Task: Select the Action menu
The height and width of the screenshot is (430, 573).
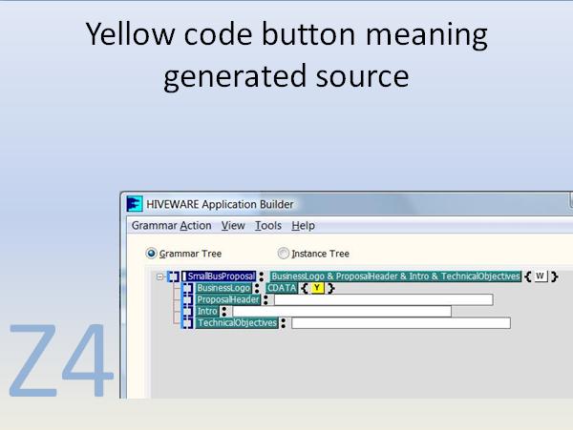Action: [x=196, y=226]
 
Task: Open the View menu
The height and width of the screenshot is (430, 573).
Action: [x=233, y=226]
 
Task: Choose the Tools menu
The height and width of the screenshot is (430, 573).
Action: [x=268, y=226]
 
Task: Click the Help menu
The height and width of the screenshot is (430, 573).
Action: [x=303, y=226]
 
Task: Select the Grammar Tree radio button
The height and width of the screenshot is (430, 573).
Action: [x=151, y=254]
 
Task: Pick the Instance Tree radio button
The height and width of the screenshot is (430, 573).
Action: [x=283, y=254]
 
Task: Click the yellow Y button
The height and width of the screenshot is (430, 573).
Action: [x=317, y=288]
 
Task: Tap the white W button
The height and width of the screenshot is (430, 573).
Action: [x=540, y=276]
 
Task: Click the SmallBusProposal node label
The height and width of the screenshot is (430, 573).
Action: [x=221, y=276]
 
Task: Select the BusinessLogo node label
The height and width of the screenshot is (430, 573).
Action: [x=223, y=288]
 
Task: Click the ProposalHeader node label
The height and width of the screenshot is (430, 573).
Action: [x=227, y=299]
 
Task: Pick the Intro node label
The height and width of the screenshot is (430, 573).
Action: [x=207, y=311]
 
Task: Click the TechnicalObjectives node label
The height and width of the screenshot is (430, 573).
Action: [x=237, y=323]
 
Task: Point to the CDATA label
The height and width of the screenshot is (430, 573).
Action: [x=282, y=288]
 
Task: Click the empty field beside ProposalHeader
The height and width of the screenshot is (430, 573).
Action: [x=383, y=299]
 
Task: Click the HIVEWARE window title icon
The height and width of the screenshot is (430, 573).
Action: [x=136, y=203]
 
